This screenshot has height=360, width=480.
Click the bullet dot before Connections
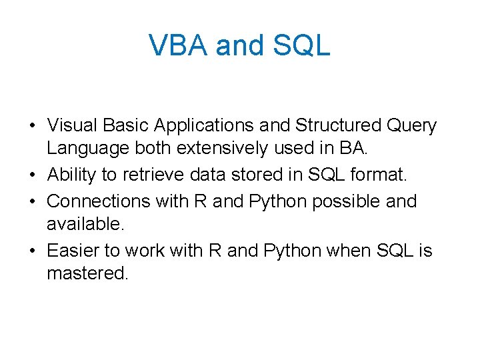pos(32,201)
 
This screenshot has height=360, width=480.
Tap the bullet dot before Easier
pos(32,251)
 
